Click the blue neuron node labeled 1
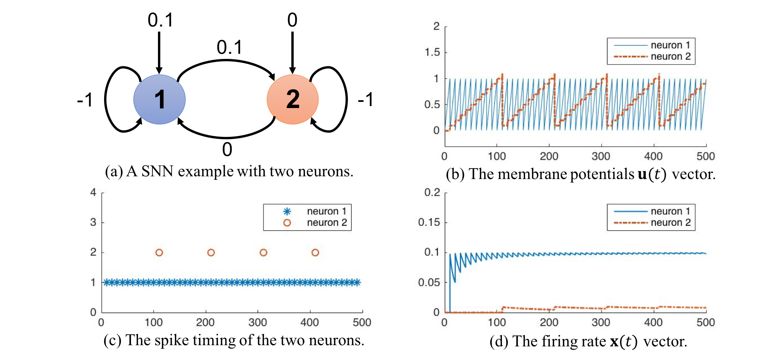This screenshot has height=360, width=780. (159, 99)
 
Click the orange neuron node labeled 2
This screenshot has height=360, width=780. (292, 99)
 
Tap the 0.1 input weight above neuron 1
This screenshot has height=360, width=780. (160, 20)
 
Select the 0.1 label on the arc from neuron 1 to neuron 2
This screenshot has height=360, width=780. (229, 48)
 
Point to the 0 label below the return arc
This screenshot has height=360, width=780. (227, 150)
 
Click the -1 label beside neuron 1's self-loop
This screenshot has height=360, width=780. (85, 100)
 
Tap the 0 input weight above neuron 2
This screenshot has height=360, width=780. (292, 20)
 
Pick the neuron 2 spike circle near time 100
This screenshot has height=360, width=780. (159, 253)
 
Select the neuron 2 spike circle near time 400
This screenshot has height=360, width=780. (315, 253)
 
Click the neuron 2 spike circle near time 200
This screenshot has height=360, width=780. (211, 253)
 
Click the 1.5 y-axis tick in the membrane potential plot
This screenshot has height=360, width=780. (432, 52)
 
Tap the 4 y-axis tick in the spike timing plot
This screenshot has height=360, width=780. (93, 192)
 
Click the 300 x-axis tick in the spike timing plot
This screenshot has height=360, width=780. (257, 323)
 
